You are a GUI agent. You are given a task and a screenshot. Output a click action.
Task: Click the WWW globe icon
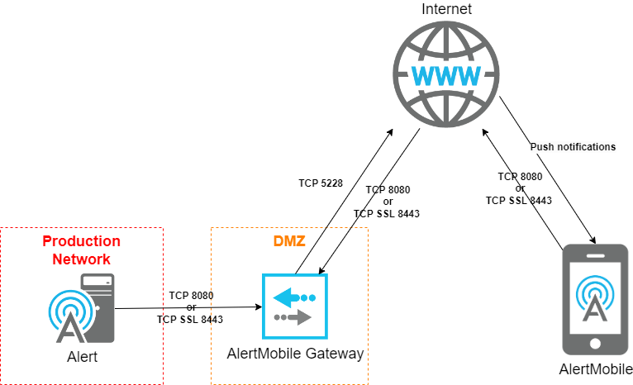[x=445, y=74]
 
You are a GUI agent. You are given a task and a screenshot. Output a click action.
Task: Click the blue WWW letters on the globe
[x=445, y=77]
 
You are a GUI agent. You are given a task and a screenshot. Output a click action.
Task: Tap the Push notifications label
[x=573, y=147]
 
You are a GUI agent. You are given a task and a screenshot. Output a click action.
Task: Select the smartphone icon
[x=594, y=298]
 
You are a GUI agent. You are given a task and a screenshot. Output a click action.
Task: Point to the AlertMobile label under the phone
[x=595, y=369]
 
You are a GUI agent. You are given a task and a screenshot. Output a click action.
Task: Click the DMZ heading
[x=289, y=241]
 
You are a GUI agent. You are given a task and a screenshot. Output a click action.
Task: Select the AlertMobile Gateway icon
[x=295, y=306]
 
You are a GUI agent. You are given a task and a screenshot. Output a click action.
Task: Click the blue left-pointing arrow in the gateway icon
[x=288, y=296]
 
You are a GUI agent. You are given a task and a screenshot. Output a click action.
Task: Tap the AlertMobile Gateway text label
[x=295, y=354]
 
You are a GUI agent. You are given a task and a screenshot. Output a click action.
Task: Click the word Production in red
[x=81, y=241]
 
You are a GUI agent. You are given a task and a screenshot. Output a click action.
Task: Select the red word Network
[x=81, y=259]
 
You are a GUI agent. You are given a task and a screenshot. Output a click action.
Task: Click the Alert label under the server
[x=82, y=358]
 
